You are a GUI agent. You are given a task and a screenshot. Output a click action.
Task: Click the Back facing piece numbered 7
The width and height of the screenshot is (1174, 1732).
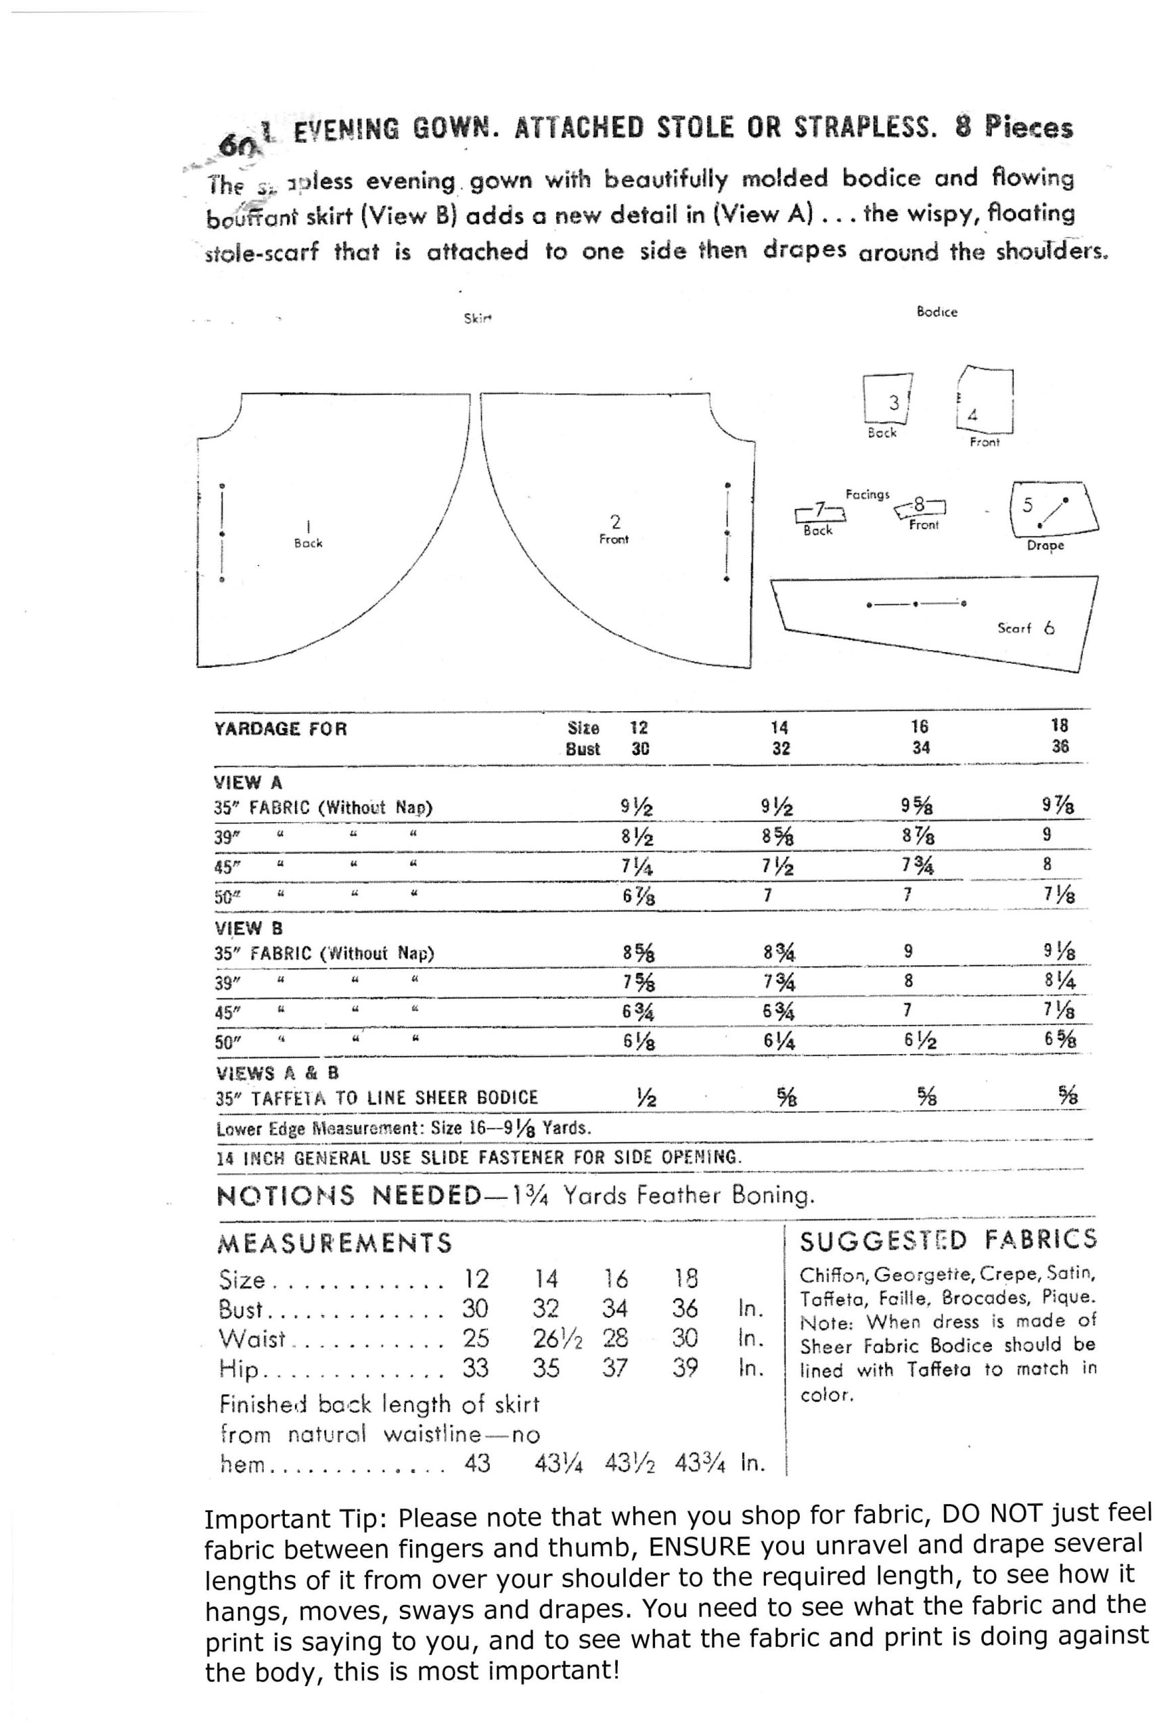click(x=820, y=511)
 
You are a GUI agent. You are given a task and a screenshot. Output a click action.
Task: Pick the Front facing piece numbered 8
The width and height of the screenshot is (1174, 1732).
click(x=920, y=507)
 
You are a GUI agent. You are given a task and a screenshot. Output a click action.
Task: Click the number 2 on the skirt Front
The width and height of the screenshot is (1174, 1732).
click(x=615, y=521)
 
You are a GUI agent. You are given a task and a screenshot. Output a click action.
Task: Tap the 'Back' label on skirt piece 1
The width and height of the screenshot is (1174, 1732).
click(x=308, y=543)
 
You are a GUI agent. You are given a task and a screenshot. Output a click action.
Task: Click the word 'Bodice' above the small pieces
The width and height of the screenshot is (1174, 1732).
click(x=936, y=313)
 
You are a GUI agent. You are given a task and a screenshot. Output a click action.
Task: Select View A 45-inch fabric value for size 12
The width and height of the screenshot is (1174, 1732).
click(x=638, y=865)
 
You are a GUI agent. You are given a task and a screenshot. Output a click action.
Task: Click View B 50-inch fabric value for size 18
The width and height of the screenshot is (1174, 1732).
click(x=1059, y=1039)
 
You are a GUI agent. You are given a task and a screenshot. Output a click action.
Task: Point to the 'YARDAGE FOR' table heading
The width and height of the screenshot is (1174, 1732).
click(x=280, y=728)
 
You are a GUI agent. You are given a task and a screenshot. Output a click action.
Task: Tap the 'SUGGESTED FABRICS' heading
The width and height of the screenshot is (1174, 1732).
click(x=947, y=1240)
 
